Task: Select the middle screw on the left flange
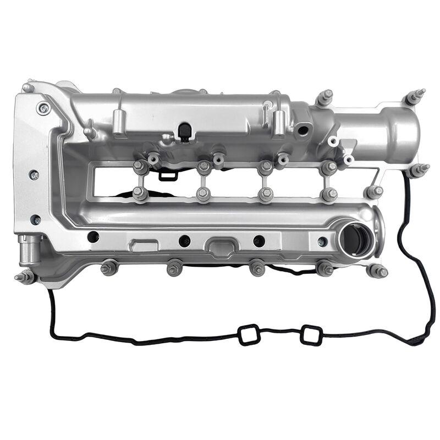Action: (34, 175)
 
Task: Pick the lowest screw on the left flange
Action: (36, 219)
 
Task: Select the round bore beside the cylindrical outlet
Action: (302, 130)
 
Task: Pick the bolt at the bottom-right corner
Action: (378, 271)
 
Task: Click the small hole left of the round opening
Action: (322, 241)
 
